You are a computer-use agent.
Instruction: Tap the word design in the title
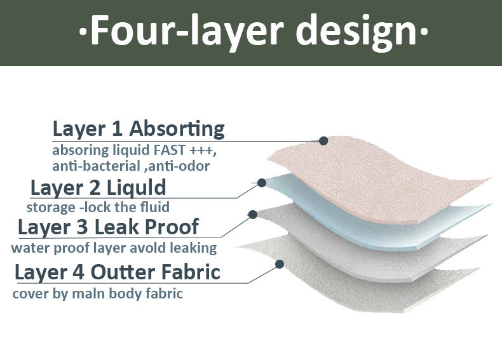click(x=356, y=31)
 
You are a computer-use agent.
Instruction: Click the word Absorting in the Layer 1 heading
click(x=177, y=129)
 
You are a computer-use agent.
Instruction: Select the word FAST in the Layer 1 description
click(x=170, y=150)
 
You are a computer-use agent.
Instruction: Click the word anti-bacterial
click(x=97, y=166)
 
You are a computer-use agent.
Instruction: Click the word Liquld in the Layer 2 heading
click(x=136, y=187)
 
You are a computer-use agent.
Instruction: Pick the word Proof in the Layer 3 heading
click(x=172, y=227)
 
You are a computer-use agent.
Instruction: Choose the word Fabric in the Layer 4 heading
click(x=191, y=272)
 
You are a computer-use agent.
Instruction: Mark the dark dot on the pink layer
click(x=323, y=140)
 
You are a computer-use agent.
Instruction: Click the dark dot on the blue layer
click(x=262, y=183)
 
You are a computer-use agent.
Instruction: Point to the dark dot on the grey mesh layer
click(x=253, y=215)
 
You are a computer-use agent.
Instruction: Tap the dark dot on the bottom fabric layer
click(x=280, y=264)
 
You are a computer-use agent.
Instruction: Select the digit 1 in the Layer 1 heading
click(x=117, y=129)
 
